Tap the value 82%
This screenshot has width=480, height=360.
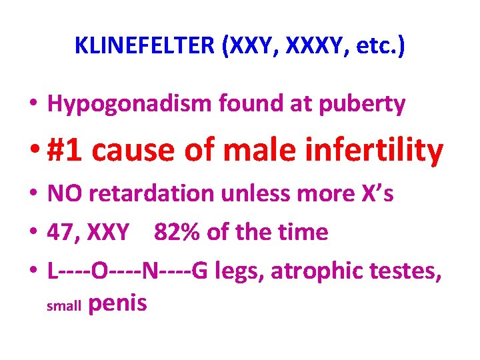tap(175, 232)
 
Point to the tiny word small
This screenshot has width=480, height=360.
tap(63, 307)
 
